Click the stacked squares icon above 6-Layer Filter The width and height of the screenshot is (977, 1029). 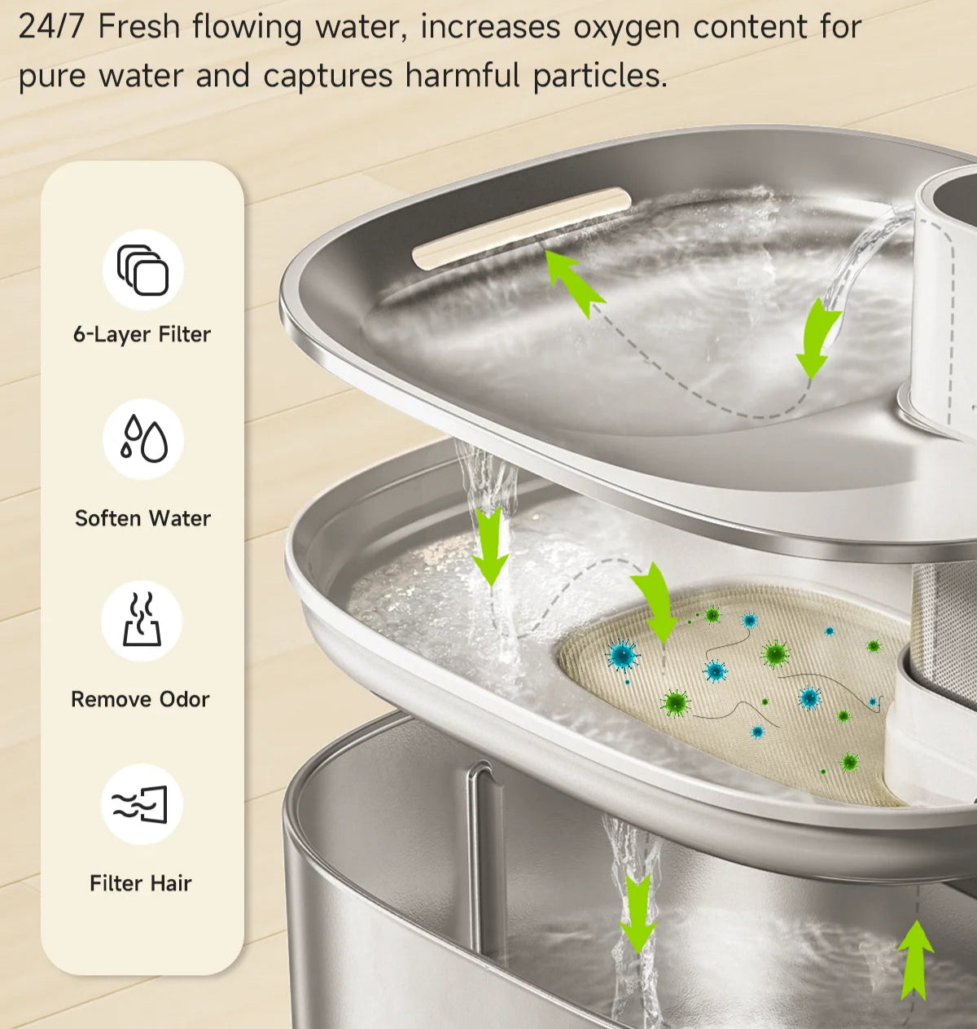click(142, 270)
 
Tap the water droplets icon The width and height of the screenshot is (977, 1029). click(143, 438)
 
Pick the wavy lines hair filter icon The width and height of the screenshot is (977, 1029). click(140, 804)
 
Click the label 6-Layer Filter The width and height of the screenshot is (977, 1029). click(142, 334)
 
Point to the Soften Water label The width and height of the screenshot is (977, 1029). click(142, 518)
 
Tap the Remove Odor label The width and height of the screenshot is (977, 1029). click(140, 699)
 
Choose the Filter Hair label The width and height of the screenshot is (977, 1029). click(141, 883)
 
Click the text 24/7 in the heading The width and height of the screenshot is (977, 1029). click(51, 27)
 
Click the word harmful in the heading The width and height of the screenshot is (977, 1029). click(462, 74)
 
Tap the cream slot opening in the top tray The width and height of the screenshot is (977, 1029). click(521, 228)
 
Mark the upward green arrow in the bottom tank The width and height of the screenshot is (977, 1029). click(915, 960)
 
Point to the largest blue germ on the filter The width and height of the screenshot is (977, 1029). click(622, 655)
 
